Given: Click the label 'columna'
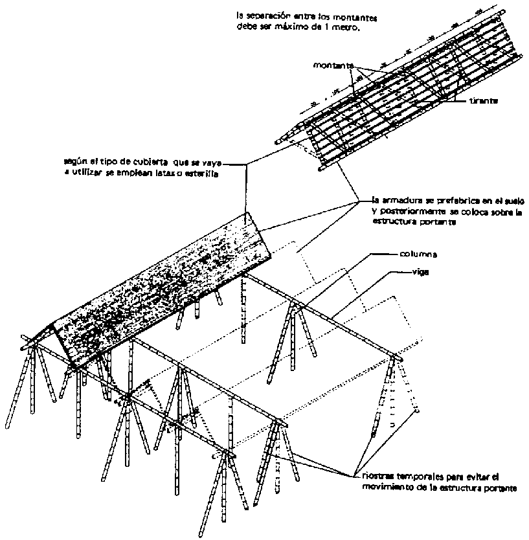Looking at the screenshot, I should (x=418, y=255).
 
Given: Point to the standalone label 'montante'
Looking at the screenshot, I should (x=332, y=66).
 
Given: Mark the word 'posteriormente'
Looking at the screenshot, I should (x=407, y=212).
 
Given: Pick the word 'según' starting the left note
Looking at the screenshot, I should (x=74, y=162).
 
